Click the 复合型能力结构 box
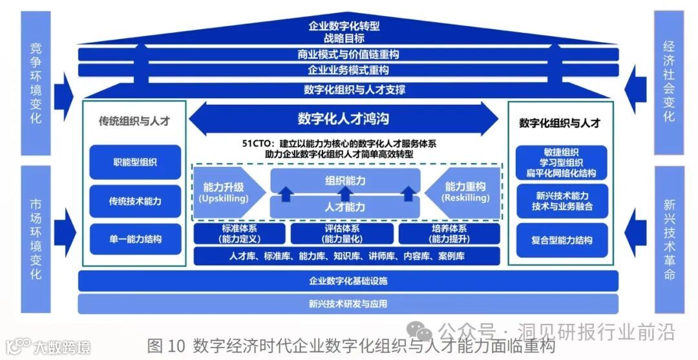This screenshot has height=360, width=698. point(562,240)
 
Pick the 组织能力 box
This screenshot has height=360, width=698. point(345,180)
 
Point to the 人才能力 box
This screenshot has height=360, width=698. point(345,207)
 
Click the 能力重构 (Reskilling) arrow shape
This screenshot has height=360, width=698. point(464,193)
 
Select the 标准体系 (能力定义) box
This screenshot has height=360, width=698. point(240,234)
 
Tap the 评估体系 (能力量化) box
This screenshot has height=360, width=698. point(342,234)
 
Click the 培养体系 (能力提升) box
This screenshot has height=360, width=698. point(449,234)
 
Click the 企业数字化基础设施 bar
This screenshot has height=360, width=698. point(348,281)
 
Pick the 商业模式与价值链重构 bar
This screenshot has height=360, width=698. point(348,54)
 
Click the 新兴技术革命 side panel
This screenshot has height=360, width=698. point(668,239)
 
